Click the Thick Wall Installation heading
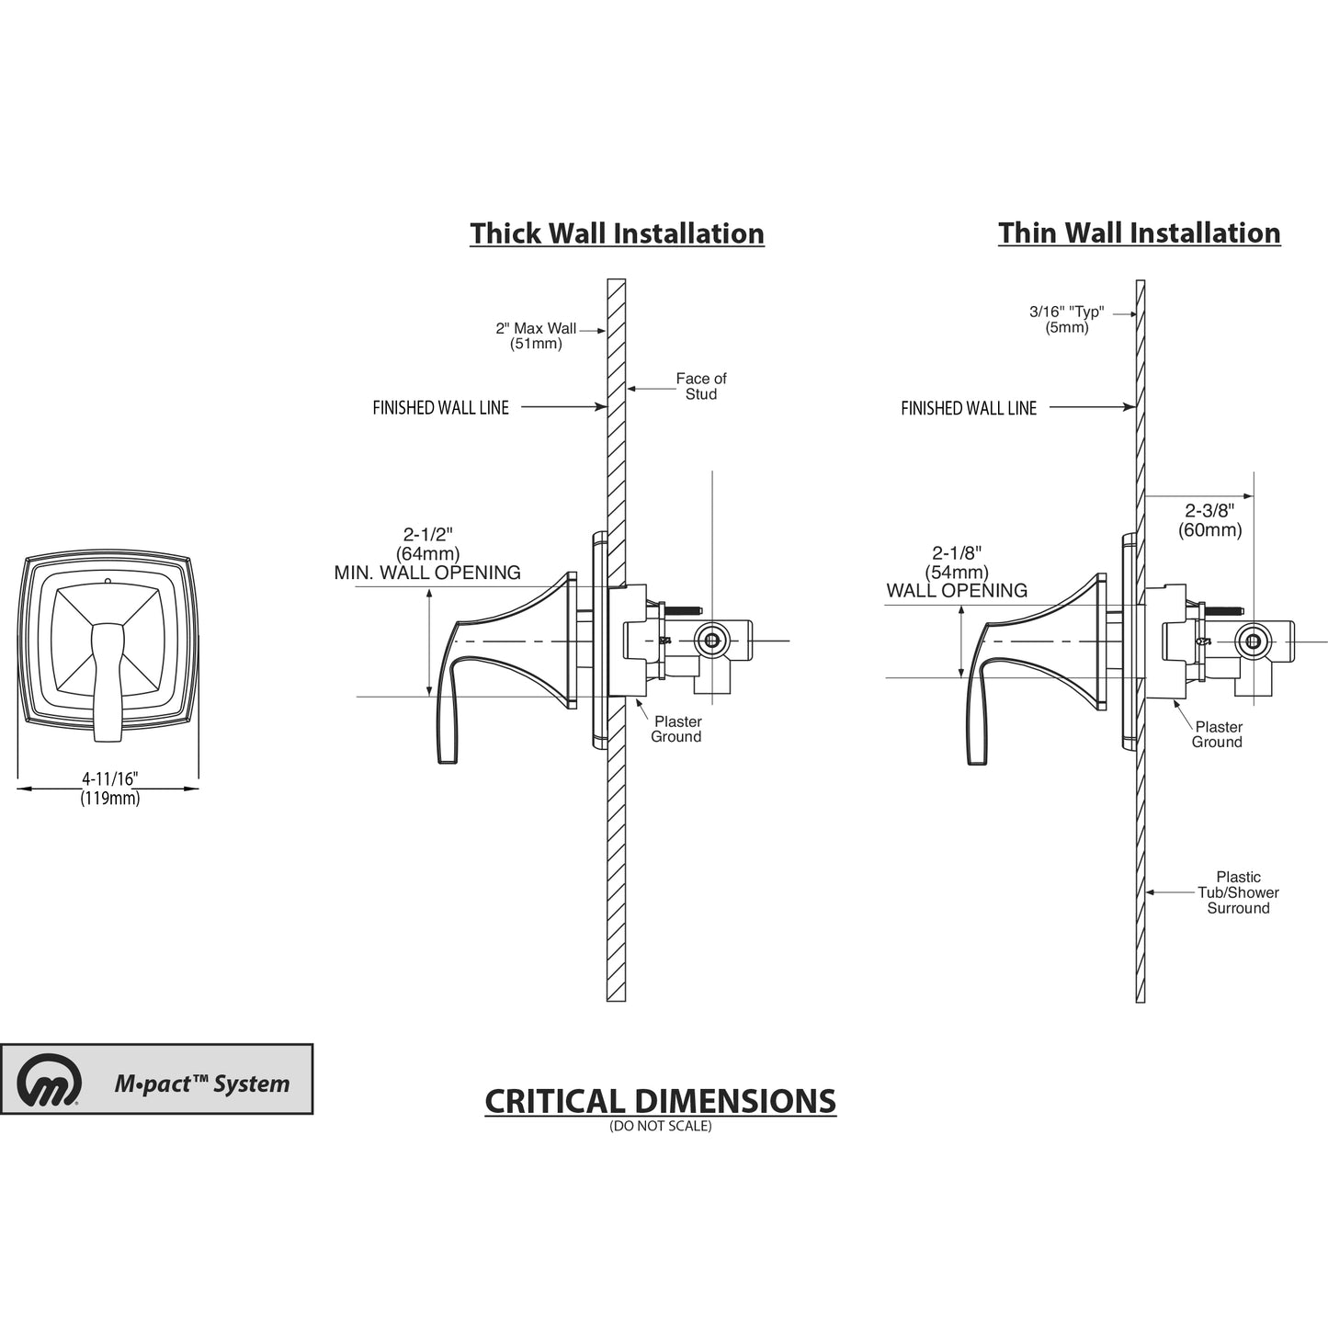(x=617, y=233)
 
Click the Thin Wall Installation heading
(x=1139, y=233)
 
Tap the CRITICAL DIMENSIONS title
(x=660, y=1100)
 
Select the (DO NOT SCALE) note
(x=660, y=1126)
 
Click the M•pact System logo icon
(x=50, y=1080)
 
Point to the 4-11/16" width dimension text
(x=109, y=778)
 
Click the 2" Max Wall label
(x=536, y=328)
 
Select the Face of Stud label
(x=700, y=386)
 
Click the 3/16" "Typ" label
(x=1066, y=312)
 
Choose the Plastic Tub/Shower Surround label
(x=1238, y=892)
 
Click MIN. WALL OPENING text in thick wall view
(x=427, y=573)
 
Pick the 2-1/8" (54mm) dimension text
(x=957, y=562)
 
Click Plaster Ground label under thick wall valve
(x=676, y=729)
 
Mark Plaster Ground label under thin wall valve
(x=1218, y=734)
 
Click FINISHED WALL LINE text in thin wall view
(x=969, y=408)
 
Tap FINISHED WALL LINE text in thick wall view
(x=440, y=408)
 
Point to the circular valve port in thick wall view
(x=709, y=640)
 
